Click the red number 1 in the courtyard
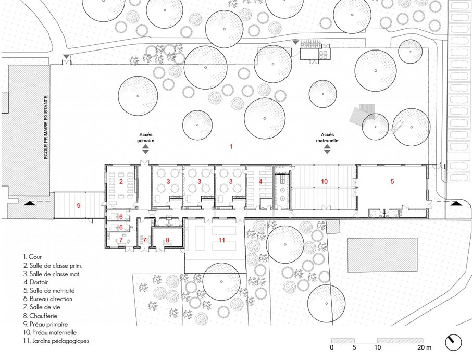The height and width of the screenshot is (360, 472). (x=231, y=146)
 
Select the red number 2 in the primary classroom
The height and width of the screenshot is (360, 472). (x=121, y=181)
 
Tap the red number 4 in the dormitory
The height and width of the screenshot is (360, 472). (x=260, y=181)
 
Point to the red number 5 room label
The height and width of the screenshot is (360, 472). (x=392, y=181)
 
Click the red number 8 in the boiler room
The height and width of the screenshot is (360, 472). (x=168, y=240)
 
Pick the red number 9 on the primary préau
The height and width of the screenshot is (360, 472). (x=79, y=206)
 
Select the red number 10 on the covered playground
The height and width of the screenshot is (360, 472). (x=324, y=181)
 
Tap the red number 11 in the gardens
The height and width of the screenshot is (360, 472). (x=222, y=240)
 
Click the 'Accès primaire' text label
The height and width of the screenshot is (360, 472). (x=146, y=138)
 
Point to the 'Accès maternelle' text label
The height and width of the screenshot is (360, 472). (x=327, y=138)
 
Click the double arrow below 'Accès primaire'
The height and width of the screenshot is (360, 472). (x=145, y=149)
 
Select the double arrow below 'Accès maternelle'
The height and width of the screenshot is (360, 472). (x=327, y=149)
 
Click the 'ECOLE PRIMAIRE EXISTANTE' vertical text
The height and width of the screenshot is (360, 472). (x=46, y=127)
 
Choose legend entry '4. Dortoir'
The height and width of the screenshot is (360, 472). (x=36, y=282)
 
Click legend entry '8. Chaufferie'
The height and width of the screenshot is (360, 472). (x=40, y=316)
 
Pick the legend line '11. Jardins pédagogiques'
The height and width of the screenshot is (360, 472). (x=56, y=341)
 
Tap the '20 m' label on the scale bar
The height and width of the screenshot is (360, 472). (x=425, y=347)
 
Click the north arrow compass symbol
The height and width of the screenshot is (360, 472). (x=453, y=342)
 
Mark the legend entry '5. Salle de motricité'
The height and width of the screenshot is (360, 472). (x=49, y=291)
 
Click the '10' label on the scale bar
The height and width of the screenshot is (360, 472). (x=378, y=347)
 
